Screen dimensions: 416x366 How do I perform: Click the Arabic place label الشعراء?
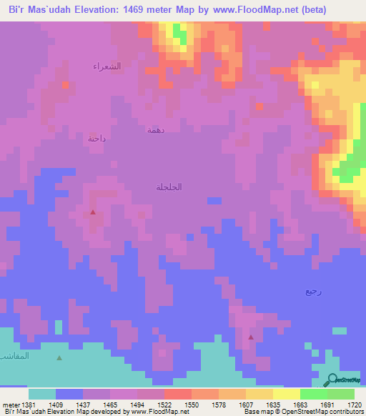[107, 66]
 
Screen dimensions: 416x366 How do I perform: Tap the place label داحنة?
[97, 139]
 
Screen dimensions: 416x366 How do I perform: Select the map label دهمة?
[155, 129]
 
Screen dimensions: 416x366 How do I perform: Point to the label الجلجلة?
[169, 187]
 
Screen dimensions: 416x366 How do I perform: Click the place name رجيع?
[313, 291]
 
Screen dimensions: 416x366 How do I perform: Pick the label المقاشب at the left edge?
[14, 355]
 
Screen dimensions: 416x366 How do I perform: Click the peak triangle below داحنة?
[93, 212]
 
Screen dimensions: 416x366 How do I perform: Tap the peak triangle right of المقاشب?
[59, 358]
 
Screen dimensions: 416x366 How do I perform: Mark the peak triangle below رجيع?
[250, 337]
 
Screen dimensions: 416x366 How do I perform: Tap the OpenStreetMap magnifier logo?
[331, 380]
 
